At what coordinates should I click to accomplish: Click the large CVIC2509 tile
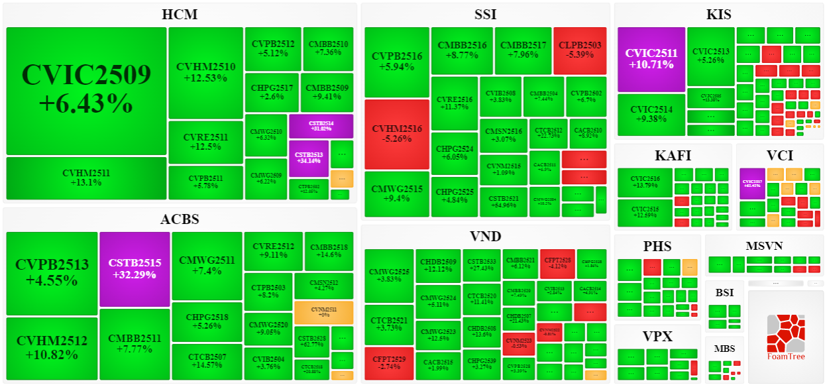[x=86, y=91]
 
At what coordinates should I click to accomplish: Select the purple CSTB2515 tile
[x=135, y=269]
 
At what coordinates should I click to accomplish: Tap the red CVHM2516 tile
[x=397, y=134]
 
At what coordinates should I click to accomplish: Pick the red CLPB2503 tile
[x=580, y=50]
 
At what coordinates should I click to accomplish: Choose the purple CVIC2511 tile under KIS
[x=651, y=59]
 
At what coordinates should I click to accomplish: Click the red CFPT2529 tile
[x=389, y=362]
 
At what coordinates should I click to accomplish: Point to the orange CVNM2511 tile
[x=323, y=312]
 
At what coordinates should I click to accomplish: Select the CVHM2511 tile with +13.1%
[x=86, y=178]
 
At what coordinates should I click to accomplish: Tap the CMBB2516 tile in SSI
[x=462, y=50]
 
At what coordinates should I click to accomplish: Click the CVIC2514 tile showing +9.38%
[x=651, y=115]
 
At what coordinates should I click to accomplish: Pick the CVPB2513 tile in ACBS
[x=52, y=272]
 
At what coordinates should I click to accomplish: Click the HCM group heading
[x=180, y=15]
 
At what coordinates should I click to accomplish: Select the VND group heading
[x=486, y=237]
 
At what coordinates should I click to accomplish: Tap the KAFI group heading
[x=673, y=156]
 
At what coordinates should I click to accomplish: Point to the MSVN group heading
[x=764, y=246]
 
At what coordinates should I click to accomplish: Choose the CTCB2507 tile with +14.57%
[x=207, y=361]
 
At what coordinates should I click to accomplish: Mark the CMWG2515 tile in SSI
[x=397, y=193]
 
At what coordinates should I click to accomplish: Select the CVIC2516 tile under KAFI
[x=645, y=182]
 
